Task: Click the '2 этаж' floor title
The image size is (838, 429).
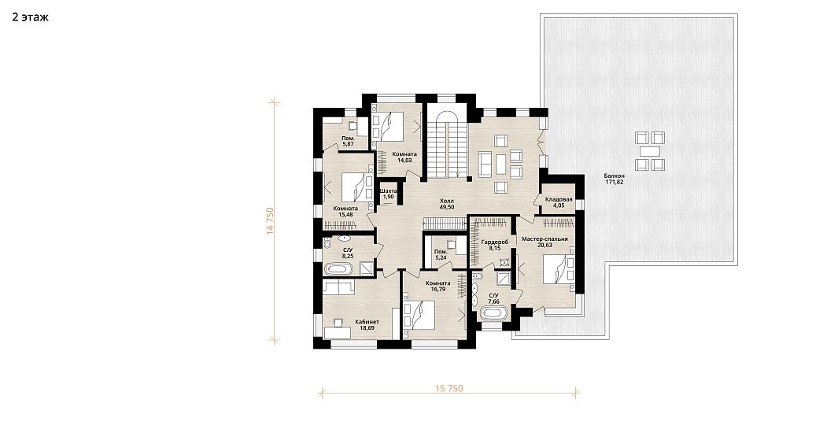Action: (31, 17)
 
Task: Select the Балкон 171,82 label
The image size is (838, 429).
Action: (614, 179)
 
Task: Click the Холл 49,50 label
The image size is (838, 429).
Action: (447, 203)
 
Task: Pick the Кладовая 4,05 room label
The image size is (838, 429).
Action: (559, 203)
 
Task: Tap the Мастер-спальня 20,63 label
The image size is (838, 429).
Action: (545, 242)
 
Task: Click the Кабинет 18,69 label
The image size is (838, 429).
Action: (367, 324)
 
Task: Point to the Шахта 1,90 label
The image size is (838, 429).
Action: (388, 194)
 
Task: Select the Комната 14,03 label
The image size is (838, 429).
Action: (404, 157)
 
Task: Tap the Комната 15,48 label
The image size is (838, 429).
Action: (345, 211)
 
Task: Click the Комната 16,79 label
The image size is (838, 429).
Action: (438, 287)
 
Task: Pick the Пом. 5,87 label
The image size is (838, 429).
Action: (349, 141)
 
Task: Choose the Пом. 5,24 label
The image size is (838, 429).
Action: (441, 254)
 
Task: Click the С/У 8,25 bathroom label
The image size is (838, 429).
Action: (347, 253)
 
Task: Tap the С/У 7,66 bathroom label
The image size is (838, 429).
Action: (494, 298)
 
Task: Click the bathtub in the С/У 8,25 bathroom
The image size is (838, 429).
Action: (338, 268)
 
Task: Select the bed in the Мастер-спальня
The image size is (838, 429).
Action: (559, 269)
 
